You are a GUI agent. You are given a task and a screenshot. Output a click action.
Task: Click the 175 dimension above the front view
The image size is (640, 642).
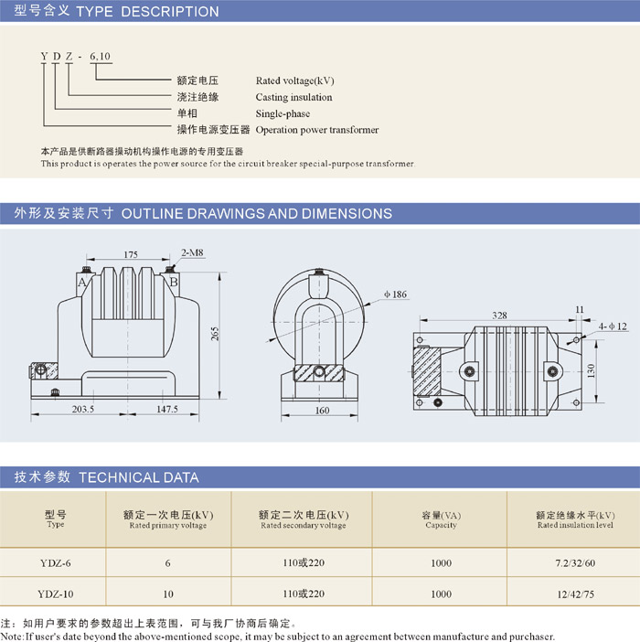[x=131, y=254]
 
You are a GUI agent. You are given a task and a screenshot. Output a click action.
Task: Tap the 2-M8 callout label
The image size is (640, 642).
[x=192, y=252]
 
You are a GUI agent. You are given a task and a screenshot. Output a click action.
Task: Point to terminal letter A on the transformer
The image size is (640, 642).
[x=82, y=282]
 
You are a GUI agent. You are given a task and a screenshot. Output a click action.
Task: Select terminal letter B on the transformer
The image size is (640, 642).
[x=174, y=282]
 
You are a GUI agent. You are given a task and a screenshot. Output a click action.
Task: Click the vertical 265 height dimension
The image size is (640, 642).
[x=215, y=334]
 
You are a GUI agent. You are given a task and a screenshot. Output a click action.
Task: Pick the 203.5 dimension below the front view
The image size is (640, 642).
[x=83, y=409]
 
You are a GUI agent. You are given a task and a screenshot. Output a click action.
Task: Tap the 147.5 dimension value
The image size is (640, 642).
[x=167, y=409]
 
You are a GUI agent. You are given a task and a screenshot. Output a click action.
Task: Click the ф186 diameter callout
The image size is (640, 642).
[x=395, y=294]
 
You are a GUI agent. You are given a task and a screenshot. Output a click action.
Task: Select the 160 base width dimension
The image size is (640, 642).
[x=322, y=411]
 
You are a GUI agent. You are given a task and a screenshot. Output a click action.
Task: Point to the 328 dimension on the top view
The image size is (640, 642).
[x=499, y=316]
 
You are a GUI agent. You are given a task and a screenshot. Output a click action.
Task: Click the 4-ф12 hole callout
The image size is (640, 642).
[x=613, y=326]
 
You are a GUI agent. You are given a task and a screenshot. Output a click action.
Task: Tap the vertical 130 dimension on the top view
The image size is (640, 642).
[x=591, y=371]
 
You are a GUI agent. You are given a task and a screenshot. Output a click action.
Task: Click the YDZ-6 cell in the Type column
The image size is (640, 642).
[x=55, y=563]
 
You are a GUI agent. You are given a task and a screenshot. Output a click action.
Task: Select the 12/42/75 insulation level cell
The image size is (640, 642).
[x=575, y=594]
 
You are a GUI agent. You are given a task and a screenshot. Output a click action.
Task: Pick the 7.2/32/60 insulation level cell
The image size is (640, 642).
[x=575, y=563]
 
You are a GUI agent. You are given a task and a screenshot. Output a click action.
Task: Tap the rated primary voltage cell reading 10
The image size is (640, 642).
[x=168, y=594]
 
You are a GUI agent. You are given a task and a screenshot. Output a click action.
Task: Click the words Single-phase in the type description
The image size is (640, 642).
[x=283, y=113]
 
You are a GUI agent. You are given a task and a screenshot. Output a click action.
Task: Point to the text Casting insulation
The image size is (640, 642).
[x=293, y=97]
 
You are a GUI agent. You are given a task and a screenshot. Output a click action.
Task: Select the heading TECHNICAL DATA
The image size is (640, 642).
[x=139, y=477]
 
